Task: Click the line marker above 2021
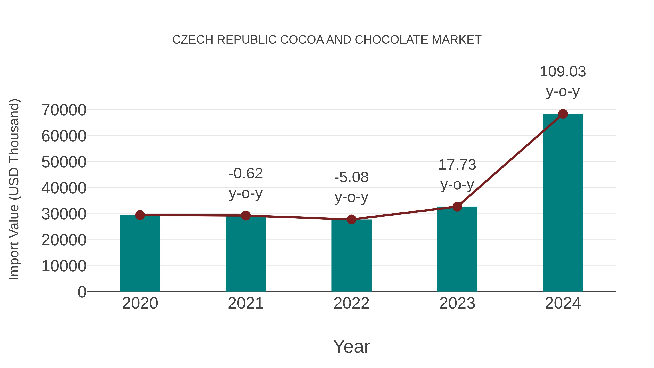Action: point(245,216)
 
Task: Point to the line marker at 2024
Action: point(563,114)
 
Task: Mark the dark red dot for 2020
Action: point(140,215)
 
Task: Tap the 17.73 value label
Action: point(457,165)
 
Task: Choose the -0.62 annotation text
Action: point(245,174)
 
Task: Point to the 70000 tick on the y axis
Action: point(64,110)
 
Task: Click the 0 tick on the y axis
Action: point(82,292)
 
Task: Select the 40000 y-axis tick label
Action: point(64,188)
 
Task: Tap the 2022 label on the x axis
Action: point(351,303)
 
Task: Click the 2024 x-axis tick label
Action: point(563,303)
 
